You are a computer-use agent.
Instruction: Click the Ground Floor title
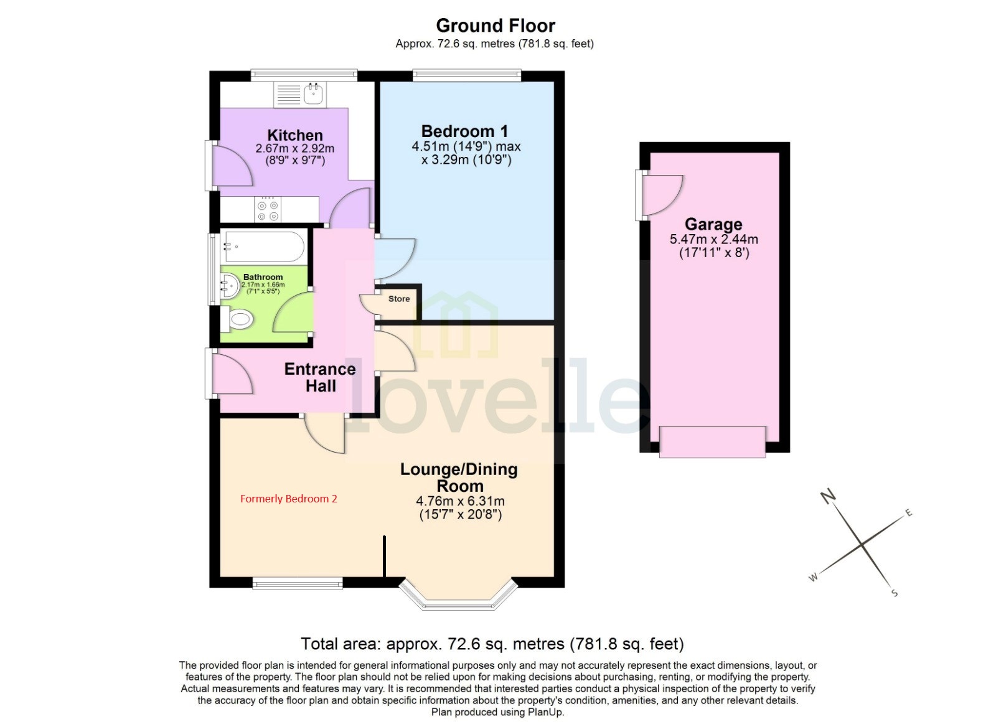coord(495,26)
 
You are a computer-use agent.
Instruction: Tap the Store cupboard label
coord(399,299)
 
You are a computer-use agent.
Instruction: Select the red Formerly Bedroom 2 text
coord(288,499)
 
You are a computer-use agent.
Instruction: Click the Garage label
coord(713,224)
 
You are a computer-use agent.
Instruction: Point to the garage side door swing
coord(661,193)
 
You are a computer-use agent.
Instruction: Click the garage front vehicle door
coord(712,441)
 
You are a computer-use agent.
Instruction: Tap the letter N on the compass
coord(827,496)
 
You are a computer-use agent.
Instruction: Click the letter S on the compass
coord(895,593)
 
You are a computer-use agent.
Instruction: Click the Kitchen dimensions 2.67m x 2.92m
coord(294,149)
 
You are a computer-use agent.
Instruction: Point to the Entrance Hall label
coord(320,377)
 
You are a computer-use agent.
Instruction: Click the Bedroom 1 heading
coord(464,131)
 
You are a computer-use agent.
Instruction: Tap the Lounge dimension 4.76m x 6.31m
coord(460,501)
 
